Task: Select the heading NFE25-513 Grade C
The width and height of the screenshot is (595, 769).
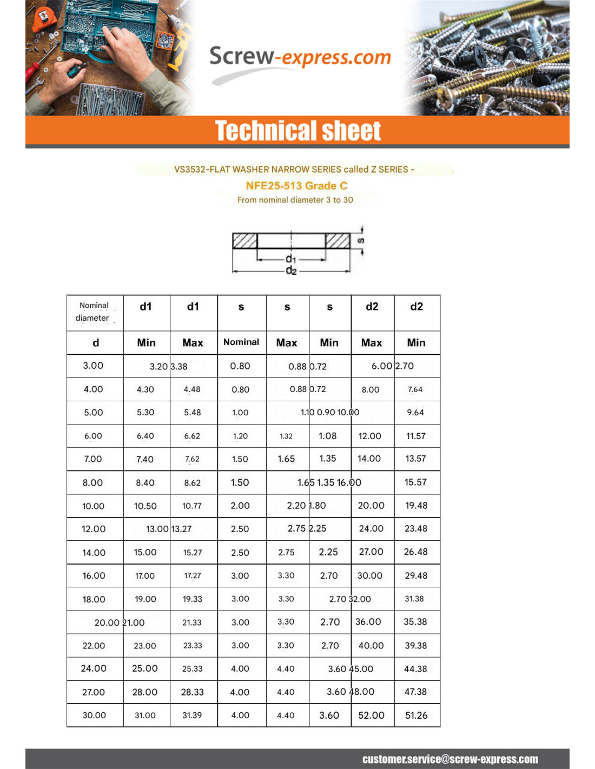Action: click(x=296, y=186)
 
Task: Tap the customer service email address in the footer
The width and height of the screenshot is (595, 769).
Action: click(x=450, y=759)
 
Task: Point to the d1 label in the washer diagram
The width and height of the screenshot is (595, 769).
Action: click(x=291, y=259)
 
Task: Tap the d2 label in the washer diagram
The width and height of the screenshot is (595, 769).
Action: click(x=291, y=270)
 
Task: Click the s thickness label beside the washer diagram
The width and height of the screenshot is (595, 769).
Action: click(x=361, y=241)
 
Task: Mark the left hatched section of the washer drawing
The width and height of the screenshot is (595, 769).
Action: click(x=244, y=241)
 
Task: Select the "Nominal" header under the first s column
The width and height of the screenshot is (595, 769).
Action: click(x=241, y=342)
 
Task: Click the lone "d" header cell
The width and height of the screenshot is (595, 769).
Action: click(x=96, y=343)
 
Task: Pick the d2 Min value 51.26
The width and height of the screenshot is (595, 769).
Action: click(x=416, y=715)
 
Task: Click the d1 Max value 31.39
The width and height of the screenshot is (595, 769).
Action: click(x=192, y=715)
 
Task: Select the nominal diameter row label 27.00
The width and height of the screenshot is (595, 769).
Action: click(x=94, y=692)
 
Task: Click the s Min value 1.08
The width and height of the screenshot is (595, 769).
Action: click(x=328, y=436)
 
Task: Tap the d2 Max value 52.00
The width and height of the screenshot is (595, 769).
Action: click(x=371, y=715)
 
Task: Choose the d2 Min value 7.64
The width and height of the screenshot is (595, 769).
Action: click(x=415, y=389)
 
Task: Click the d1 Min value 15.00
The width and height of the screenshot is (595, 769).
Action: click(x=145, y=553)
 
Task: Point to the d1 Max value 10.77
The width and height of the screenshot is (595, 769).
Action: click(x=192, y=506)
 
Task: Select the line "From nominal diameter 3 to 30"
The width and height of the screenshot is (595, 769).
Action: click(x=295, y=200)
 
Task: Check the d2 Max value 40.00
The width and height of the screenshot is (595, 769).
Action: click(x=371, y=646)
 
